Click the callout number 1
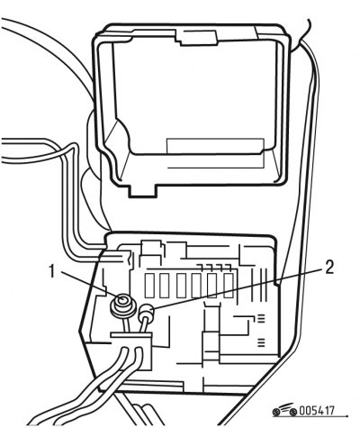tap(53, 271)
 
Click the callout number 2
tap(329, 267)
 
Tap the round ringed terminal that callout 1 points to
tap(123, 305)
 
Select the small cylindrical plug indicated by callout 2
tap(146, 313)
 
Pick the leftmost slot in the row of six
tap(150, 286)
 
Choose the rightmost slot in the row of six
tap(229, 286)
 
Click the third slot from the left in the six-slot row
tap(182, 286)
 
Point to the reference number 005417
tap(317, 411)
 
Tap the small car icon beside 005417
tap(284, 410)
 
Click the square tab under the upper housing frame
tap(143, 191)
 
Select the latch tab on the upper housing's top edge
tap(196, 37)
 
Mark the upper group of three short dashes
tap(261, 318)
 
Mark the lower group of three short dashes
tap(261, 342)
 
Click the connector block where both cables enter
tap(131, 350)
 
